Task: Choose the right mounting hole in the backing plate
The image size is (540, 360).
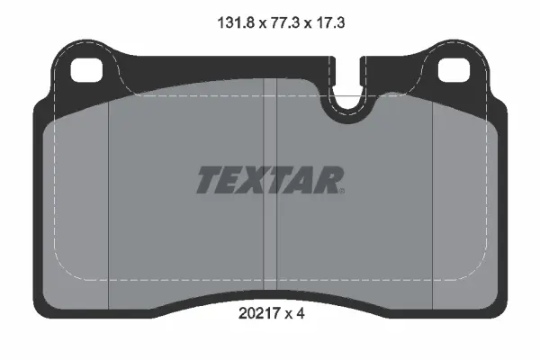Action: pyautogui.click(x=452, y=68)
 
